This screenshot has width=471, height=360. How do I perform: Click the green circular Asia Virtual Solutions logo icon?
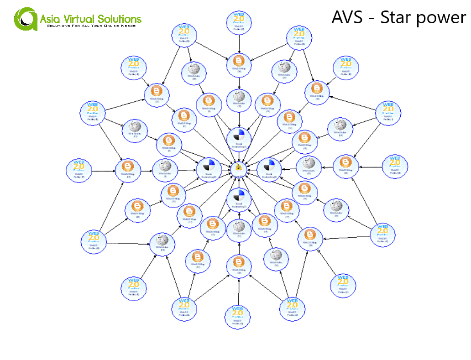click(x=26, y=20)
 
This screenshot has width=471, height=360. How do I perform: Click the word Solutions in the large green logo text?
click(x=119, y=19)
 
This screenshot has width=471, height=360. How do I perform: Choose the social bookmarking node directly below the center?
click(x=239, y=198)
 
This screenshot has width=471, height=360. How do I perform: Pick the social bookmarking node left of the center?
click(x=209, y=169)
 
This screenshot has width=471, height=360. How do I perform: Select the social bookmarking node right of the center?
click(x=269, y=169)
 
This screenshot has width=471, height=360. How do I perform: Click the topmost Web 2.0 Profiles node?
click(x=239, y=23)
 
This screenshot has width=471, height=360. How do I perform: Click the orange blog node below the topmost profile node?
click(x=238, y=64)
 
